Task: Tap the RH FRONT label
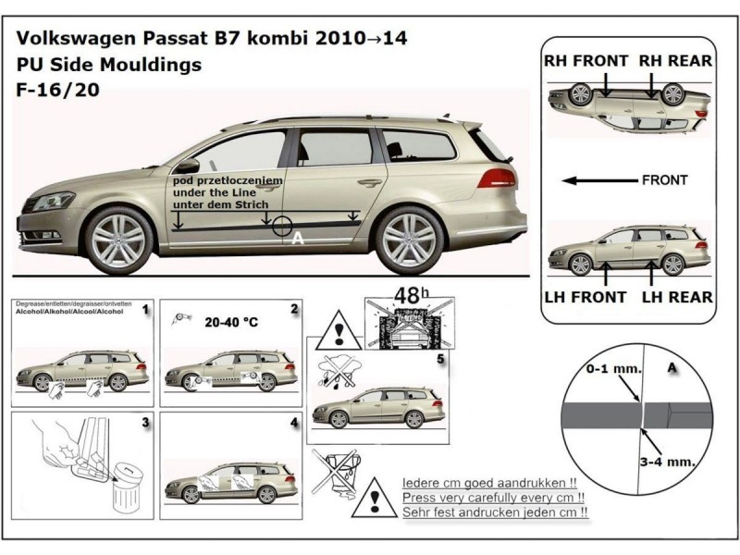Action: click(x=586, y=61)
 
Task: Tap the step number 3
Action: click(x=145, y=423)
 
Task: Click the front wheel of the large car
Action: click(x=119, y=239)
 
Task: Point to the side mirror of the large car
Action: click(x=188, y=166)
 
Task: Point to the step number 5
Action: click(x=441, y=357)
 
